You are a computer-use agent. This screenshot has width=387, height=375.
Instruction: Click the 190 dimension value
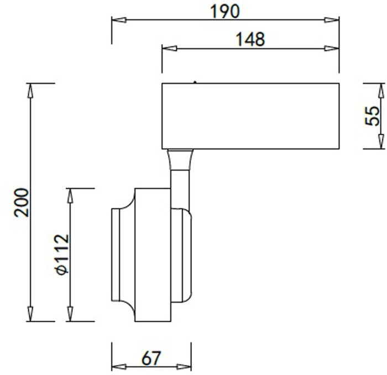coord(224,12)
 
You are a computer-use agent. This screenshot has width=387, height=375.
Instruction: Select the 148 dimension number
coord(250,39)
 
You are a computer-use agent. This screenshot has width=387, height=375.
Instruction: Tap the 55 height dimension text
coord(372,116)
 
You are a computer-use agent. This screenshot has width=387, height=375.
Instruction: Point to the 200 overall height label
coord(21,203)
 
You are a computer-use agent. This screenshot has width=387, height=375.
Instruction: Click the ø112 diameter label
coord(62,255)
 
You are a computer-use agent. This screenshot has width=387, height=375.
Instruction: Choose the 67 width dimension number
coord(151,358)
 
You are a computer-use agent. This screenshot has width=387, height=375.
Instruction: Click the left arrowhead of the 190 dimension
coord(119,20)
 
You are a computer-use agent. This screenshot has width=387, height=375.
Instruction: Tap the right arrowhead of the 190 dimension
coord(332,20)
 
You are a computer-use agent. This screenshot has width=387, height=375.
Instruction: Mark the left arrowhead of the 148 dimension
coord(169,48)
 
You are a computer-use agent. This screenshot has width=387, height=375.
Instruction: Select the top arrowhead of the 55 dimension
coord(381,91)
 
